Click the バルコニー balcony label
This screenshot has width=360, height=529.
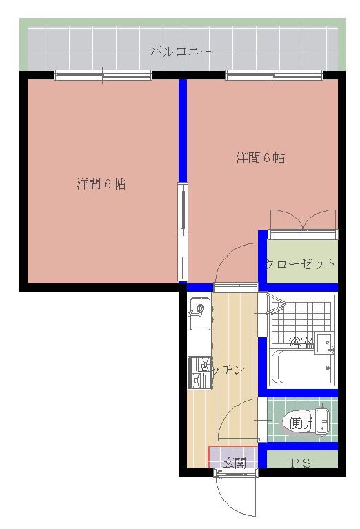tap(181, 51)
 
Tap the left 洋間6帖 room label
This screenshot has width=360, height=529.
tap(101, 184)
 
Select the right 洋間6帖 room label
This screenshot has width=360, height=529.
tap(261, 158)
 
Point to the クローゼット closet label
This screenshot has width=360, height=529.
tap(301, 264)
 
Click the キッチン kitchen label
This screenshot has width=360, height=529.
tap(222, 370)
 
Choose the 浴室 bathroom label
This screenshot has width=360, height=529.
tap(301, 341)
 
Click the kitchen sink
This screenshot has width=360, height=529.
tap(198, 308)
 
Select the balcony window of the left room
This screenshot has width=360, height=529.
tap(103, 75)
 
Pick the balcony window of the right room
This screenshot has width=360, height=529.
tap(274, 75)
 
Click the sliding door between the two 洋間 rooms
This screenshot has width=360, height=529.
tap(182, 232)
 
